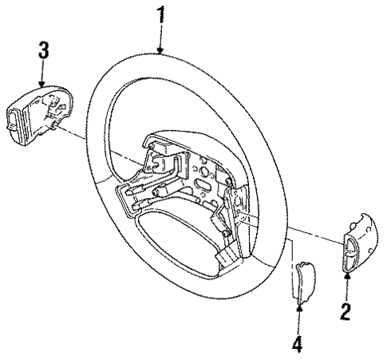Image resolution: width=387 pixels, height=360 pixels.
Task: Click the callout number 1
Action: tap(162, 14)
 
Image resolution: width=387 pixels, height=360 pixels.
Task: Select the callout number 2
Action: tap(346, 309)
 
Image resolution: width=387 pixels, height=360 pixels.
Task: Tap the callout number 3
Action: tap(44, 49)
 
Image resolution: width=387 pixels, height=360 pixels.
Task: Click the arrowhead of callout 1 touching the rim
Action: tap(162, 52)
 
